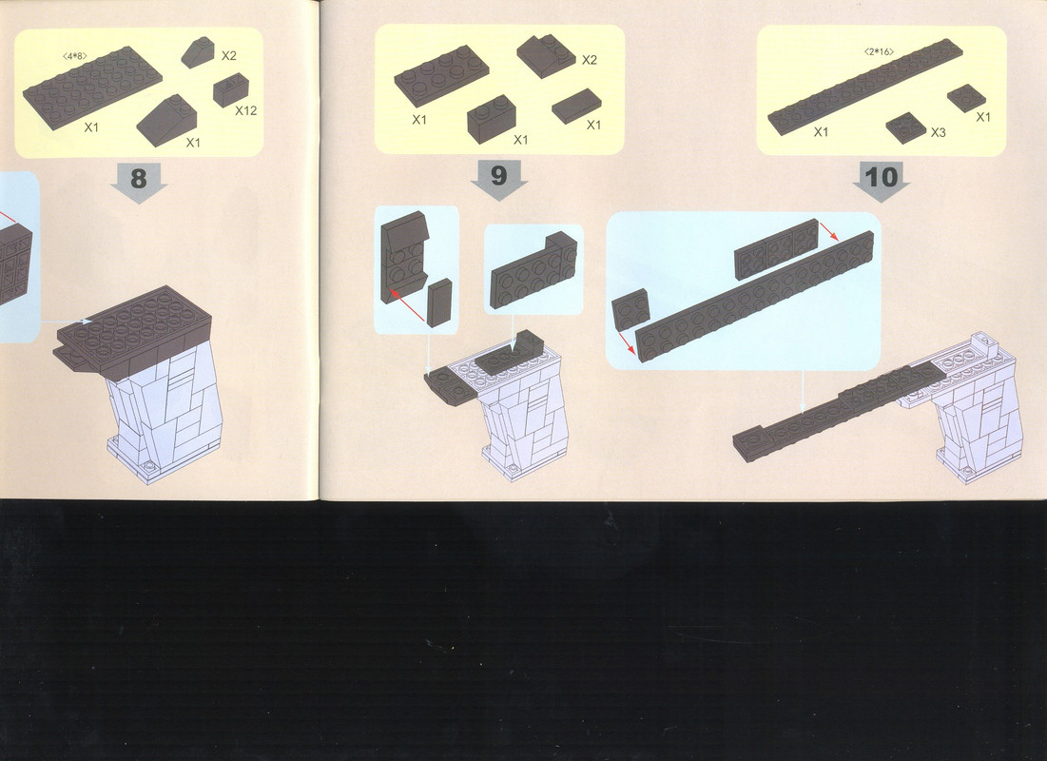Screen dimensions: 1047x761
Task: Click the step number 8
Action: [138, 179]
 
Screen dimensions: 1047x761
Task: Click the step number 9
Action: [499, 176]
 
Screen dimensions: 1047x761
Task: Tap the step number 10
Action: [881, 177]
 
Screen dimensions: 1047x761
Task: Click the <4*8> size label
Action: [74, 56]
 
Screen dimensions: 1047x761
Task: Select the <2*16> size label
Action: [878, 51]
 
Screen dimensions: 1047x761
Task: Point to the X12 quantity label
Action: [245, 110]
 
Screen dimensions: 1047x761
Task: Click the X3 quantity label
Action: [939, 132]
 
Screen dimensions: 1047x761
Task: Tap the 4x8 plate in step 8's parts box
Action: [92, 87]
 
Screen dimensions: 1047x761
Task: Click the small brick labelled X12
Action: [231, 88]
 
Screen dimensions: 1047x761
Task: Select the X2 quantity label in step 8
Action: [228, 56]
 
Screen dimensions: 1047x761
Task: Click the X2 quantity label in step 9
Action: [589, 60]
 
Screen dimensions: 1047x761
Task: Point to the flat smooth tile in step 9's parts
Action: [576, 105]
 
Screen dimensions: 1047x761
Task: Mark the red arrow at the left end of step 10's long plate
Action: [626, 341]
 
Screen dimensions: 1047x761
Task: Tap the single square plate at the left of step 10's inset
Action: [630, 309]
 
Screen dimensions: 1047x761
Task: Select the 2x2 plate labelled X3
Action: [906, 127]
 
